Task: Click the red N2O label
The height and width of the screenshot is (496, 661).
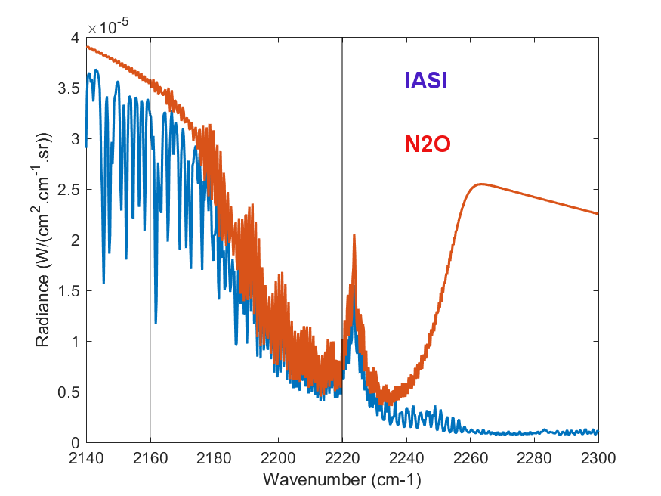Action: (x=428, y=144)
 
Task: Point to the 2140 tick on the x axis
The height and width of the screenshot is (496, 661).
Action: (x=86, y=457)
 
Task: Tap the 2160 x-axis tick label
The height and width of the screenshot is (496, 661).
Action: (x=150, y=457)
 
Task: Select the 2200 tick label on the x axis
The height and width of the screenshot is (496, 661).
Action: (x=278, y=457)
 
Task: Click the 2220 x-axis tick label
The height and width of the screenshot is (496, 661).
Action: (x=342, y=457)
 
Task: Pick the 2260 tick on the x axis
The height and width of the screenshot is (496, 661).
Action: (x=471, y=457)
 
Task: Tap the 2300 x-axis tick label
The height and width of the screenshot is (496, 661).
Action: (x=598, y=457)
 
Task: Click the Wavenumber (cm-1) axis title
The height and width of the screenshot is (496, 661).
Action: (x=341, y=479)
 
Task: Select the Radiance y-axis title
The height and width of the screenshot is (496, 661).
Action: (x=44, y=240)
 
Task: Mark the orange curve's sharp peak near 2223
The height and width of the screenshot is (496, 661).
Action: (x=354, y=236)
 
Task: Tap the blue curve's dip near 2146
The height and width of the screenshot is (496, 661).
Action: (x=103, y=283)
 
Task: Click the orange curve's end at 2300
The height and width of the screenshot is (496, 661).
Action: (x=598, y=214)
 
